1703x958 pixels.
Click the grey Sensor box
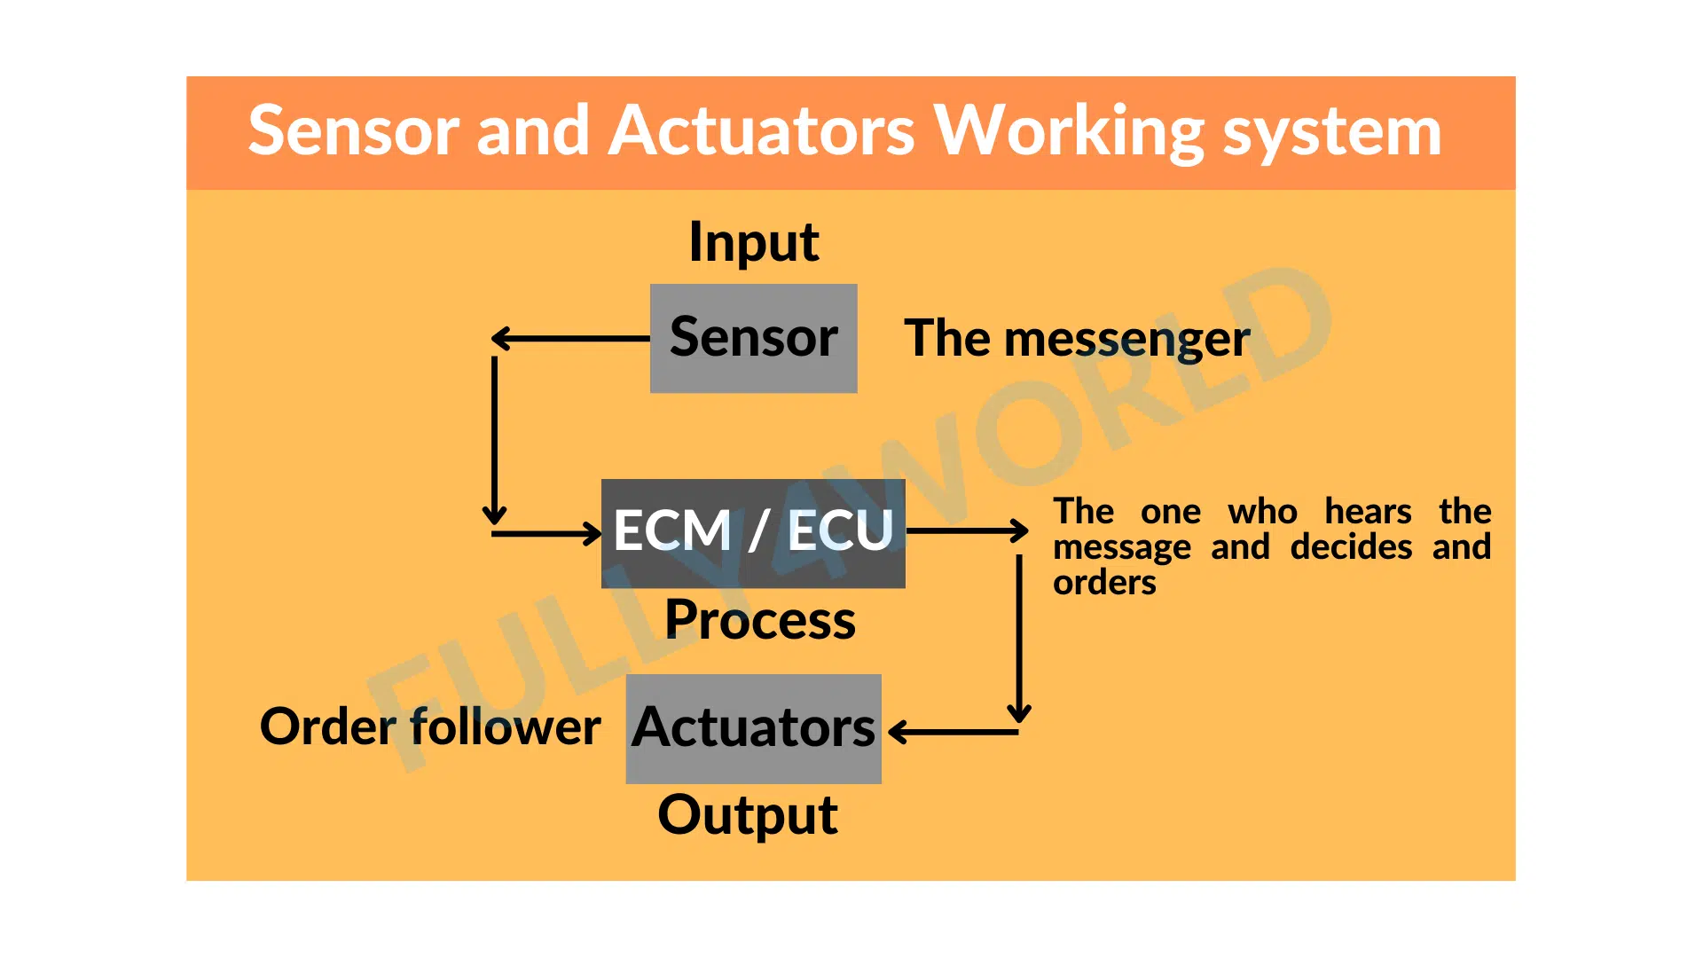tap(753, 338)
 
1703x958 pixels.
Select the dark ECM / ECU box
tap(753, 533)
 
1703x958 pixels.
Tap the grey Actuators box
tap(753, 728)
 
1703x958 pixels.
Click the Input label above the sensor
tap(754, 242)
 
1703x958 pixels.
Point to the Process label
tap(760, 619)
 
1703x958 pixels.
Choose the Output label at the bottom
tap(748, 815)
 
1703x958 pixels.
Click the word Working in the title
tap(1070, 132)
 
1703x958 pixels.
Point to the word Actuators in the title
tap(763, 130)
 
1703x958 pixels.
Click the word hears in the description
tap(1368, 512)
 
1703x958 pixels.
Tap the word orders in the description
tap(1104, 583)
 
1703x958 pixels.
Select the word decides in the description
tap(1351, 547)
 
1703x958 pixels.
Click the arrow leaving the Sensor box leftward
tap(570, 338)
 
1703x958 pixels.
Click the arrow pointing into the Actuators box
tap(954, 732)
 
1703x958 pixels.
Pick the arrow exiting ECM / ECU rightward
tap(967, 530)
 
